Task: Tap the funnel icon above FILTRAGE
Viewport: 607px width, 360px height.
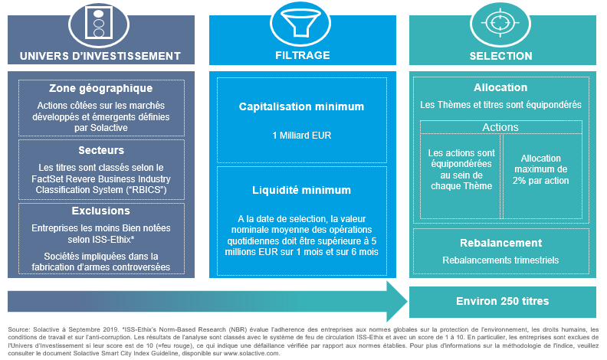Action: tap(300, 23)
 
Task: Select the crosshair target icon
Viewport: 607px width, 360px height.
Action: tap(500, 23)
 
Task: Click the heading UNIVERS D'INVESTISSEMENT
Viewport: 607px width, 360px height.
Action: tap(100, 56)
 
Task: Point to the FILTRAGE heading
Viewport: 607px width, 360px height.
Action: tap(303, 55)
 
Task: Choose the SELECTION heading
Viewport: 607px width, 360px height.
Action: tap(501, 56)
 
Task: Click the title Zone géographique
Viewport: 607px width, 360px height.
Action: tap(100, 89)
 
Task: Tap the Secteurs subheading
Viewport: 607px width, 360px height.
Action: tap(101, 150)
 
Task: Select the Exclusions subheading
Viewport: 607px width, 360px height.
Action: tap(101, 211)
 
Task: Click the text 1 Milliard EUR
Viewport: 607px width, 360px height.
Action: tap(302, 136)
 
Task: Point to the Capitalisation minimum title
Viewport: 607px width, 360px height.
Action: tap(301, 106)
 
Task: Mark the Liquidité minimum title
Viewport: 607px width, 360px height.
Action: tap(301, 190)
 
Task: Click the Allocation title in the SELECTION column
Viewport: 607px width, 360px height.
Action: tap(500, 87)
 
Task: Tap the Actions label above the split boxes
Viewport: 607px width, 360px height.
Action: tap(500, 127)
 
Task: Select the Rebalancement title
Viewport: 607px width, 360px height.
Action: tap(501, 243)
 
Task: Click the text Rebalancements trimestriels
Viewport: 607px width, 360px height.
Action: tap(500, 260)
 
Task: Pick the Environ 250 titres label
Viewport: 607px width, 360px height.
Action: tap(503, 301)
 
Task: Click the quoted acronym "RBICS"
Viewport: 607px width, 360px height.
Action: tap(147, 190)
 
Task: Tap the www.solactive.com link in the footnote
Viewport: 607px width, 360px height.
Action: tap(251, 353)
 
